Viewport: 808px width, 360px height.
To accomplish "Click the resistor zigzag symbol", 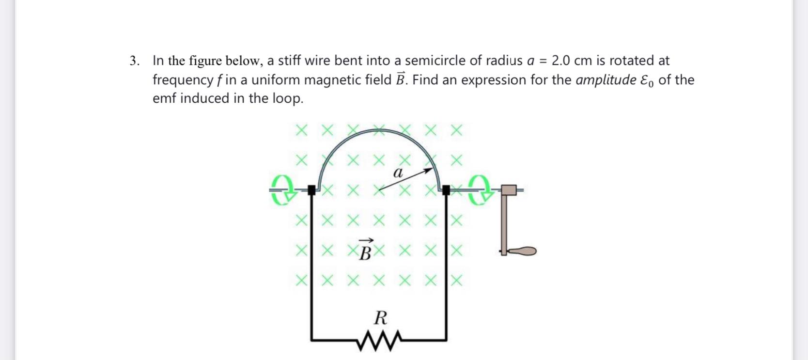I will [379, 340].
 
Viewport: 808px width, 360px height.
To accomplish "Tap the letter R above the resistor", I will [381, 318].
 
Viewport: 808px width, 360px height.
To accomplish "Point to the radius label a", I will [398, 172].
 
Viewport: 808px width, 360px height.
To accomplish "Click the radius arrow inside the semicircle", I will [405, 179].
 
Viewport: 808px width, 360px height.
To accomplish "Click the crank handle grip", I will [522, 251].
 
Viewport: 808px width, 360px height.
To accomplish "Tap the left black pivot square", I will [312, 190].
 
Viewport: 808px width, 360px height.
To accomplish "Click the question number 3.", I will [134, 61].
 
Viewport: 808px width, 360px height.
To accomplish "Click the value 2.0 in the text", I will [561, 61].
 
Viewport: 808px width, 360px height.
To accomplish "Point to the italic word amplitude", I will [606, 80].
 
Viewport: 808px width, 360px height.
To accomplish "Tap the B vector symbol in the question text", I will [400, 79].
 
